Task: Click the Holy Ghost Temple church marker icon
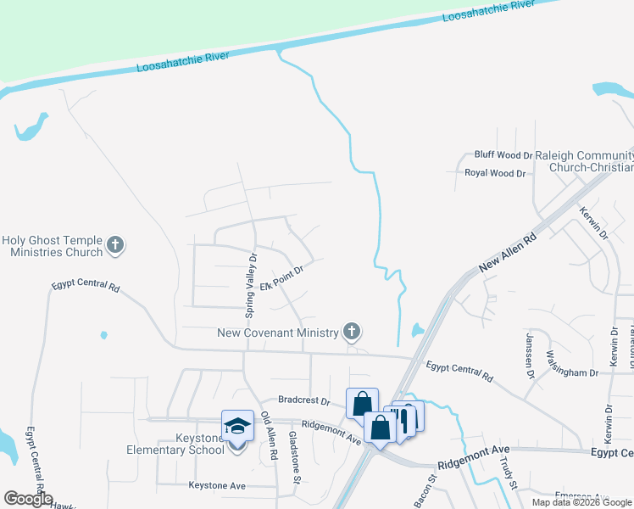[116, 247]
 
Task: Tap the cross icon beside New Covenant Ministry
[352, 332]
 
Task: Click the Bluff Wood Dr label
[503, 155]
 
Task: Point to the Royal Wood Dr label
[495, 173]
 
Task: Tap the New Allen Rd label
[508, 252]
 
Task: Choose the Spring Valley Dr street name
[251, 286]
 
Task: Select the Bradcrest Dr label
[303, 400]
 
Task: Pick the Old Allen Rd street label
[270, 436]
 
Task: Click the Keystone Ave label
[216, 486]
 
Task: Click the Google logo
[28, 499]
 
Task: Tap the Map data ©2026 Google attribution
[582, 502]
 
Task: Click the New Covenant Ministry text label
[277, 333]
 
